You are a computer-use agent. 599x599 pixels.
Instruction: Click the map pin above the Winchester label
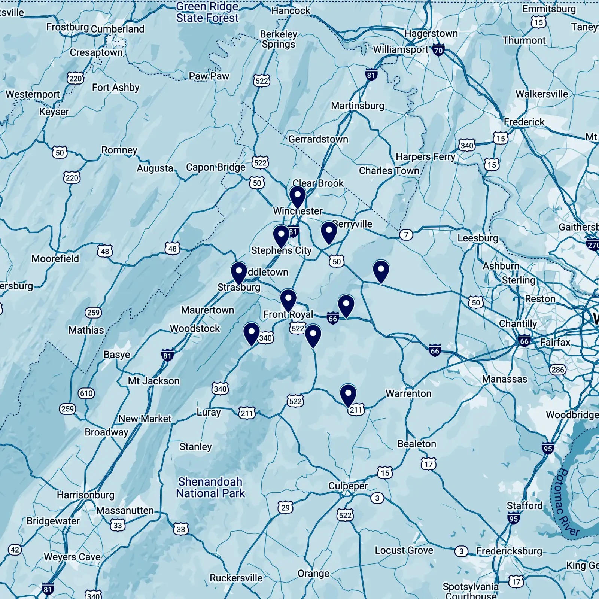298,197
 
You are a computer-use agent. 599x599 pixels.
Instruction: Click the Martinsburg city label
358,106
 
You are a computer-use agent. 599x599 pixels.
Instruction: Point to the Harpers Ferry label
426,156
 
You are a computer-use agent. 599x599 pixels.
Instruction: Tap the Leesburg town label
478,238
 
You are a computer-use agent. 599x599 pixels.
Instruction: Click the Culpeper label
348,486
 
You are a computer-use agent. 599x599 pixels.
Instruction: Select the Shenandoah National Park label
210,487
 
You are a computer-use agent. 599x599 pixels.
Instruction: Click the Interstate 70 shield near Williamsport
438,50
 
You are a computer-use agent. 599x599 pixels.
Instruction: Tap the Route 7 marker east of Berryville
406,235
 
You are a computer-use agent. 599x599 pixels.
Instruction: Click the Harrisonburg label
85,495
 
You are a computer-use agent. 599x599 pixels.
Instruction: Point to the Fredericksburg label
509,551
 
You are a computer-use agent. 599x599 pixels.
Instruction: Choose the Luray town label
209,412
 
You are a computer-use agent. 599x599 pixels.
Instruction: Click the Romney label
119,150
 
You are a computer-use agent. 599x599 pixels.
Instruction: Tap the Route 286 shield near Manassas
557,370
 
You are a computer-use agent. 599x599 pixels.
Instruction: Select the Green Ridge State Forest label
207,12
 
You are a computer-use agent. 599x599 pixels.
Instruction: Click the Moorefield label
55,259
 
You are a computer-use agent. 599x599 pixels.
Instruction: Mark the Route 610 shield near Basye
86,393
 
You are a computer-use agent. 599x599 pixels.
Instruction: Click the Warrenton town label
408,393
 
